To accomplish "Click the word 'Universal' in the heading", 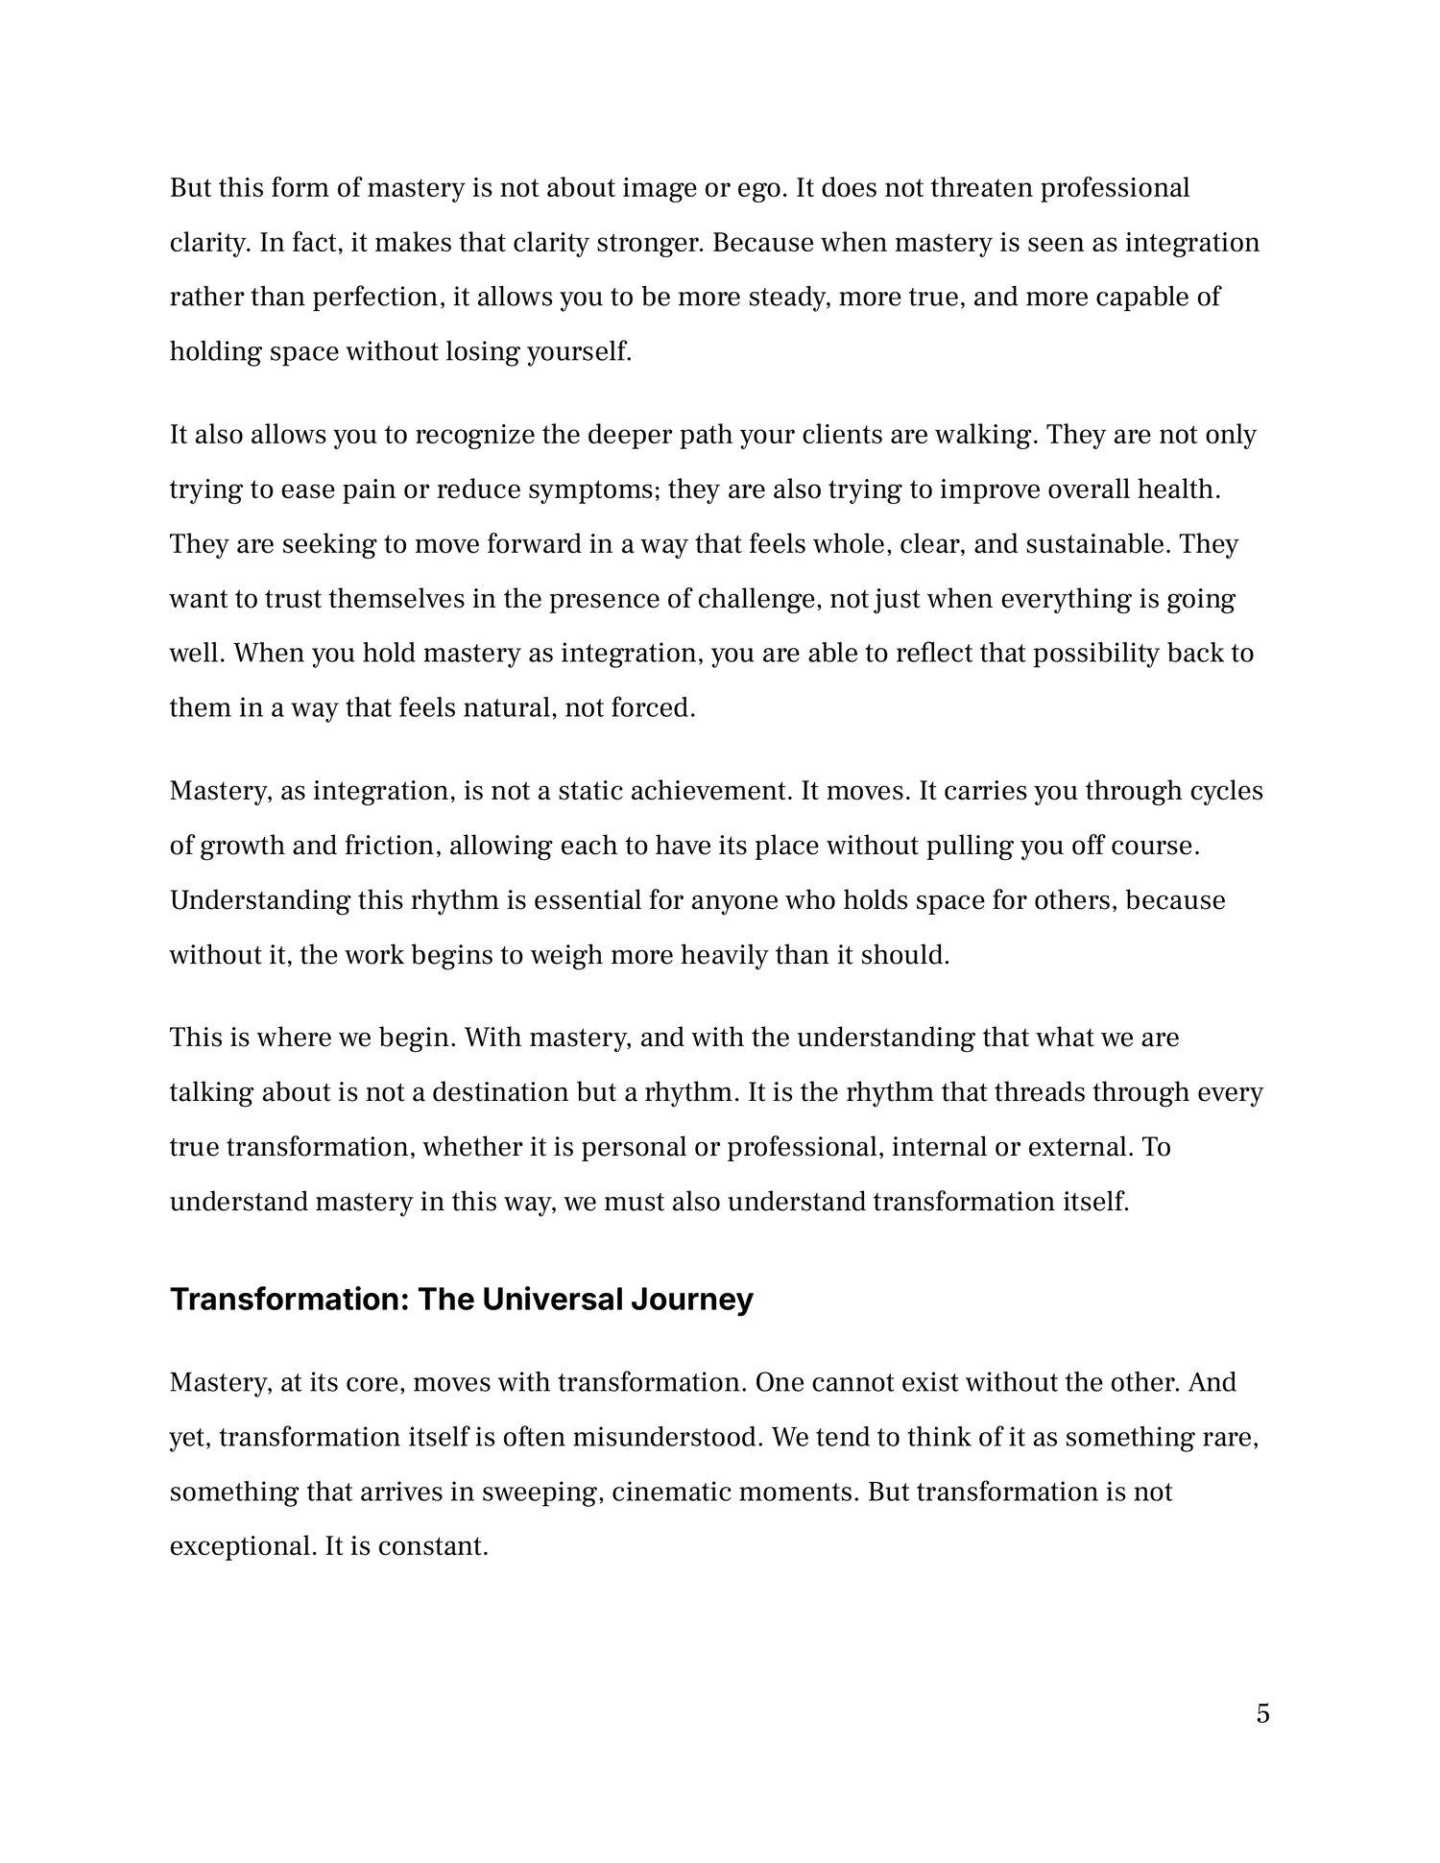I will [x=550, y=1300].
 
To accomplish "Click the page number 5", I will [x=1262, y=1713].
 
